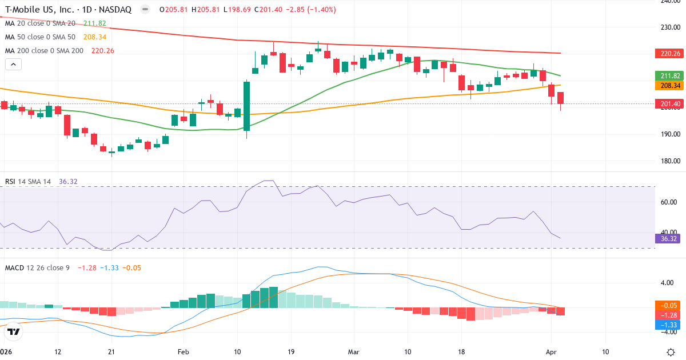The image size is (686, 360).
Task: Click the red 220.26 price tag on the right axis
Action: pos(667,54)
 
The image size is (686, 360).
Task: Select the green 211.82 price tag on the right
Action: pos(667,76)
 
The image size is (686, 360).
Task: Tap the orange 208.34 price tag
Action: pos(667,85)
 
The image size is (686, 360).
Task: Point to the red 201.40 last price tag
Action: pos(667,103)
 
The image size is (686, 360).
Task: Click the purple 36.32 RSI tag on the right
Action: pos(667,238)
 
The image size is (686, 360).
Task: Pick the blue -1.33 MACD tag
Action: pos(667,325)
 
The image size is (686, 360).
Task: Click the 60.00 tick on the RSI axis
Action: pos(668,202)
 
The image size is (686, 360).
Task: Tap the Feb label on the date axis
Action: pos(183,351)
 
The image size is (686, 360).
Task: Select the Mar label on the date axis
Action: pos(354,351)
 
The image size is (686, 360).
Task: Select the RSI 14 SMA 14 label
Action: pos(28,181)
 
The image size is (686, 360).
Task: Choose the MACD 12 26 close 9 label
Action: pos(37,267)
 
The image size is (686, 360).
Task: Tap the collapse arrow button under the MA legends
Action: pos(13,65)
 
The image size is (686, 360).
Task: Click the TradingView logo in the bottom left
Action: pos(13,331)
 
